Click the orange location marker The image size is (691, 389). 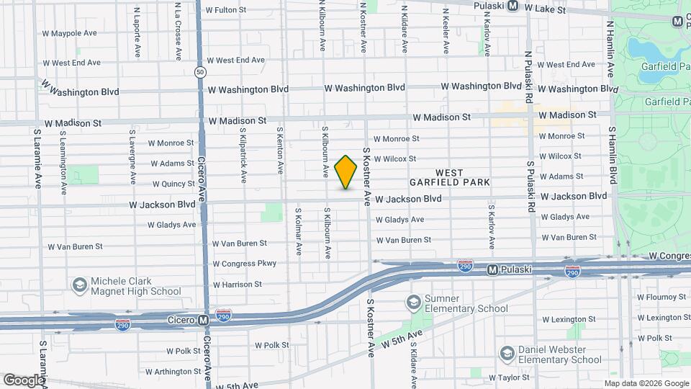point(346,172)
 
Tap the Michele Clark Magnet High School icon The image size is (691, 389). point(78,286)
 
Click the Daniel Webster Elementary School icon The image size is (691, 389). point(507,353)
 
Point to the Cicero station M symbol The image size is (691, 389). point(204,318)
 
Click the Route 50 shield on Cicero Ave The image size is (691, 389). point(200,72)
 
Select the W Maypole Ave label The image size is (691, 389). point(69,33)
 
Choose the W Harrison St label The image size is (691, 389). point(238,285)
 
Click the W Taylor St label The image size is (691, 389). point(509,377)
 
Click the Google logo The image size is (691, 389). point(23,380)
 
